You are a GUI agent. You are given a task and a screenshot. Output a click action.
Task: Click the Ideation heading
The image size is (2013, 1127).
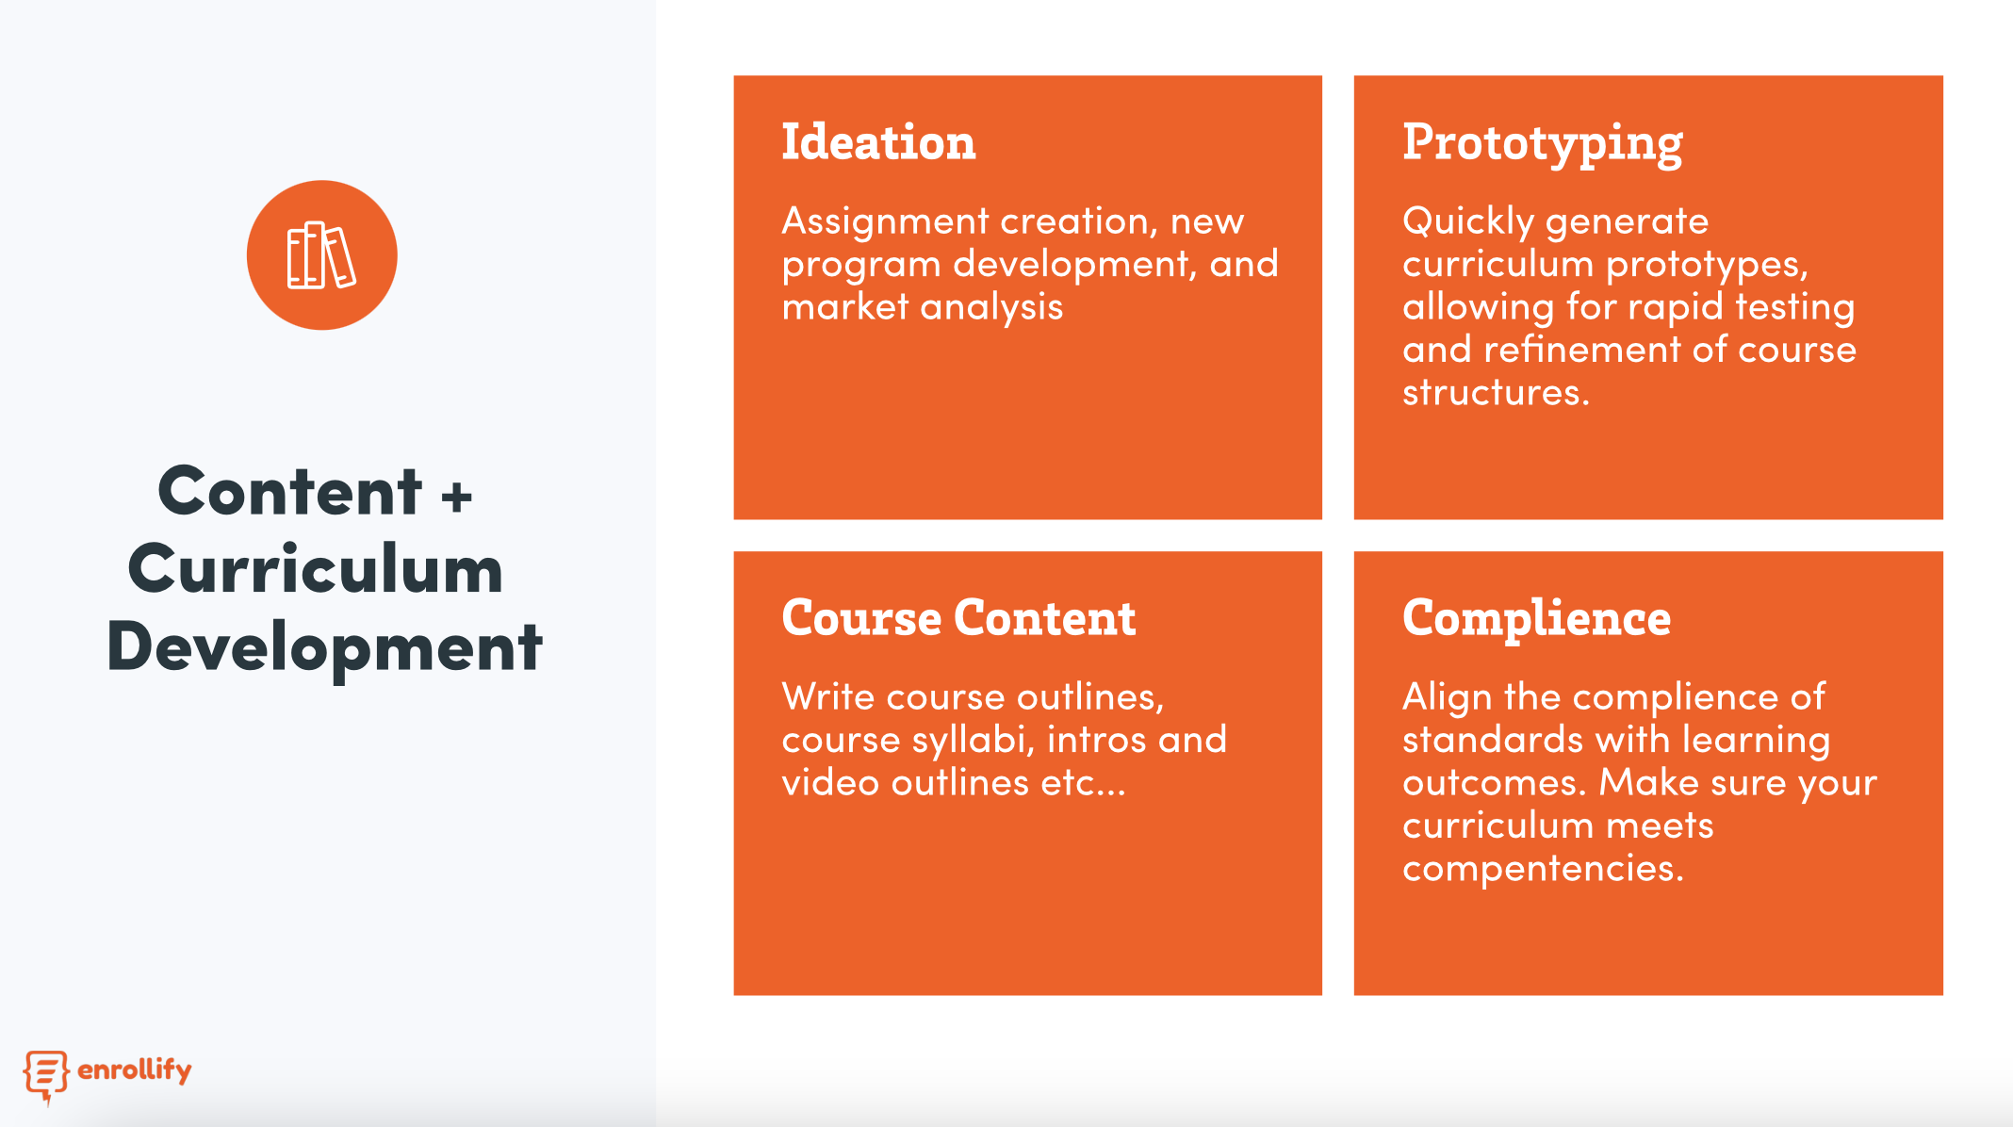[x=878, y=142]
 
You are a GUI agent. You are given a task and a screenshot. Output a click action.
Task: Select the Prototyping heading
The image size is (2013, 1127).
[x=1542, y=144]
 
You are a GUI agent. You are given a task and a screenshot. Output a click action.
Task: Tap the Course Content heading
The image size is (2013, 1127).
[x=958, y=618]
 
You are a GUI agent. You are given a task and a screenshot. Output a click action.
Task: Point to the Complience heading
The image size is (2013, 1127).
[x=1536, y=620]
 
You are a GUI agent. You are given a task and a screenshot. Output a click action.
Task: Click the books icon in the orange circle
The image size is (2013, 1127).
[x=321, y=255]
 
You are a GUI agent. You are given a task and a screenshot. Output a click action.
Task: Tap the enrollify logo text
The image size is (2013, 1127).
[x=135, y=1070]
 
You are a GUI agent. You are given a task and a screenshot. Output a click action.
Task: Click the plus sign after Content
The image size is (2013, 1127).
[x=456, y=496]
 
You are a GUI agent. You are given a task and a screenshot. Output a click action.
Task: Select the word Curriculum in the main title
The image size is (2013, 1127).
[x=316, y=570]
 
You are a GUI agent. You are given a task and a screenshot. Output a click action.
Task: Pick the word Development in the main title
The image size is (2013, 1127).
[x=324, y=648]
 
